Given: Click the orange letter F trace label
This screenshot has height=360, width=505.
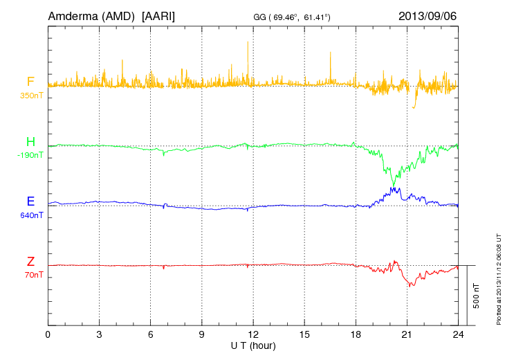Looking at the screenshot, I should point(30,82).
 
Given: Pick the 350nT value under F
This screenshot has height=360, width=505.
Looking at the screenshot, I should point(30,95).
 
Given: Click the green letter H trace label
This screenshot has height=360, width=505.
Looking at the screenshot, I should point(30,142).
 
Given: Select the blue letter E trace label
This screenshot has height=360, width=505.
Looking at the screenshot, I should point(30,201).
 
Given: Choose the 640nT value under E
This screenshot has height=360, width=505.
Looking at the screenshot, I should point(30,215).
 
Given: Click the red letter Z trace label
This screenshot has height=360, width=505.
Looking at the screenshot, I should point(30,262).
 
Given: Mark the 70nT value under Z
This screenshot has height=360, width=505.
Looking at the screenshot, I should point(32,275).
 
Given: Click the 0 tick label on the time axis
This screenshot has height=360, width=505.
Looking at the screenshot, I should point(48,335).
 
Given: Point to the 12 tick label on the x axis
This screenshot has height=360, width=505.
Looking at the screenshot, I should point(252,335).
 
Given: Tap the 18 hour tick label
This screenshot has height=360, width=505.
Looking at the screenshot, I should point(355,335).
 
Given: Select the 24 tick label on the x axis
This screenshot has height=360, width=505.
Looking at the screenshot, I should point(457,335).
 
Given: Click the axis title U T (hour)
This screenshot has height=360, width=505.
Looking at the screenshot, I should point(252,345).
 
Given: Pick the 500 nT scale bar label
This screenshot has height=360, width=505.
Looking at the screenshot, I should point(477,296).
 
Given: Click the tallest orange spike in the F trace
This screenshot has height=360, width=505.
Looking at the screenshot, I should point(247,43).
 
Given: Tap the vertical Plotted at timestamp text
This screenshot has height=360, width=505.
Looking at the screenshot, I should point(499,277).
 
